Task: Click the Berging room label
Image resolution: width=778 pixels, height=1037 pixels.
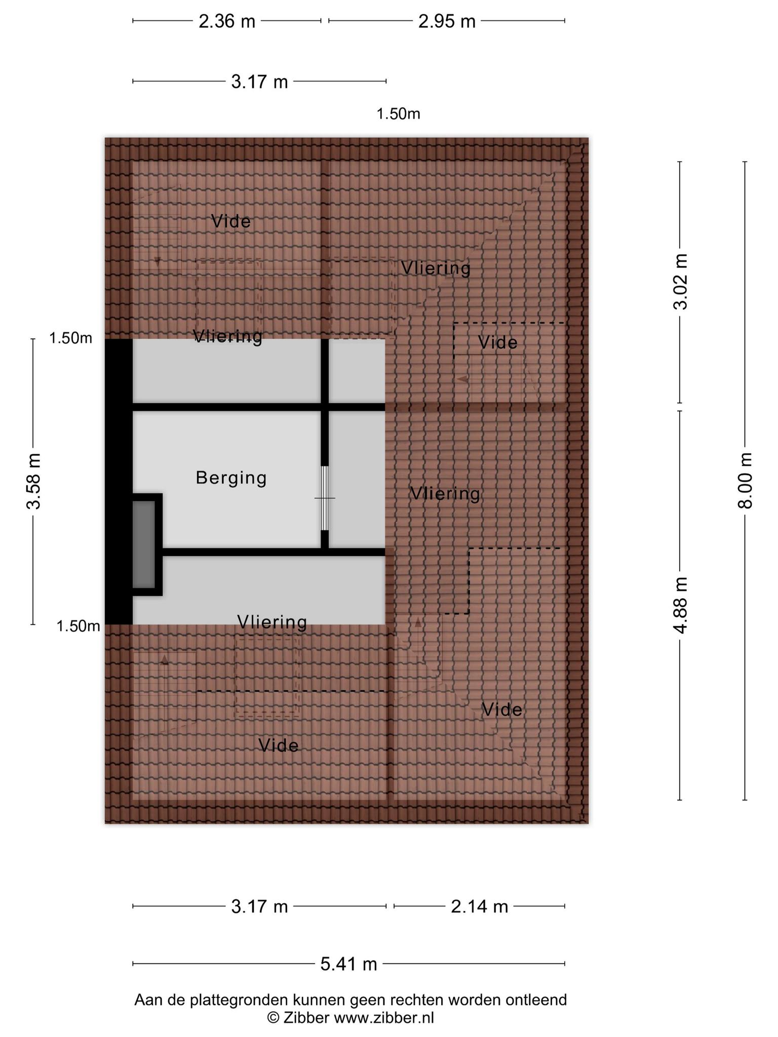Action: tap(231, 478)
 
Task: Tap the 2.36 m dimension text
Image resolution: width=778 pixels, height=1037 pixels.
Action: tap(226, 22)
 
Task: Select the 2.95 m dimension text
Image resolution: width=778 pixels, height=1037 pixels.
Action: tap(447, 22)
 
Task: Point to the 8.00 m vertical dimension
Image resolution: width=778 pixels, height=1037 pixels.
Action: tap(745, 481)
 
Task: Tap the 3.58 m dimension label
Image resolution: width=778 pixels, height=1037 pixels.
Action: tap(34, 481)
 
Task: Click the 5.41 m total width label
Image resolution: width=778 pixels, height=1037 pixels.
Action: tap(348, 964)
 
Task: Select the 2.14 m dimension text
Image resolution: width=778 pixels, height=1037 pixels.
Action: tap(479, 906)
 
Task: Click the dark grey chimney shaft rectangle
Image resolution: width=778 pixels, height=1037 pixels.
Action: tap(144, 544)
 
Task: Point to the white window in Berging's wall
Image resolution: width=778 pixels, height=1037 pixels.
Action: tap(325, 498)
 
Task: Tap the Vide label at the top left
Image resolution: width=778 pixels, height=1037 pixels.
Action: tap(231, 221)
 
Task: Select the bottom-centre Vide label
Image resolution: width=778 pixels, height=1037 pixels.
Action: tap(278, 745)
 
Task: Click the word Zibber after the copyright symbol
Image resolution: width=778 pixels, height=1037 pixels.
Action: tap(306, 1018)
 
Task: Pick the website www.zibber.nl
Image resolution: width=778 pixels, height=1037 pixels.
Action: tap(384, 1018)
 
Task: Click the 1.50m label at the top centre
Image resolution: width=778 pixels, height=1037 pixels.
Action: tap(398, 114)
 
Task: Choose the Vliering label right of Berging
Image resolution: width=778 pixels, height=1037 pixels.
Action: tap(445, 494)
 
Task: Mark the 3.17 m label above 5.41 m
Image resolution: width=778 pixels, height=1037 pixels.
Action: tap(259, 906)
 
